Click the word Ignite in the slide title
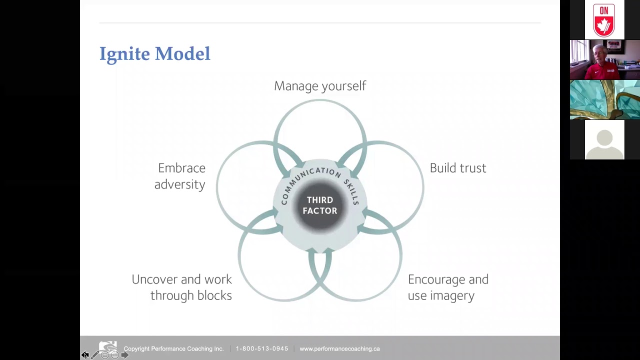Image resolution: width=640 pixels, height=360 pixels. pos(124,54)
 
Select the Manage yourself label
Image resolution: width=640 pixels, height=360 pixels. pos(320,86)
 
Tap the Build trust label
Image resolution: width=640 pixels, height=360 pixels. pos(458,168)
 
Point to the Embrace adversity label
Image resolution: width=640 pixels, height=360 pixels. pos(179,176)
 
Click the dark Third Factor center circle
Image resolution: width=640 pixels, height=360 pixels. pos(320,205)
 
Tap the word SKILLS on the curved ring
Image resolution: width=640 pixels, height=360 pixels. pos(351,191)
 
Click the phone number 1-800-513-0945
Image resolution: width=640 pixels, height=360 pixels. pos(262,348)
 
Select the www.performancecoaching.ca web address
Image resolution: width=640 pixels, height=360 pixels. pos(339,348)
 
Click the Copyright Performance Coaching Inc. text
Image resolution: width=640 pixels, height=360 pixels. pos(173,348)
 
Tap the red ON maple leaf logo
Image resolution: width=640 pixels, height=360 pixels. pos(604,19)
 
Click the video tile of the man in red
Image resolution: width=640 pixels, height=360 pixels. pos(605,59)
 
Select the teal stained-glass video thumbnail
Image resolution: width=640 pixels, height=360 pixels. pos(605,99)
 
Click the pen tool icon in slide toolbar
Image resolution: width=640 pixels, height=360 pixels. pos(94,355)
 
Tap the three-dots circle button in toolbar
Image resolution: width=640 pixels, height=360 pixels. pos(114,355)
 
